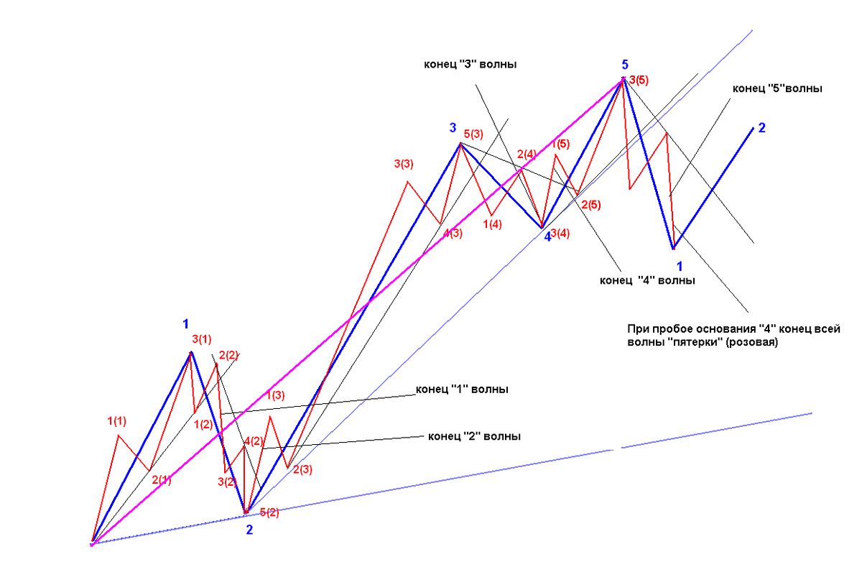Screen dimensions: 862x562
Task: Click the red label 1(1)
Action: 116,421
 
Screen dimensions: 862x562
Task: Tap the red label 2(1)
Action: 161,480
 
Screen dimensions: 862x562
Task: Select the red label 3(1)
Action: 202,339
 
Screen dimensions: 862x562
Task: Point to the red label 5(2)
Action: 269,512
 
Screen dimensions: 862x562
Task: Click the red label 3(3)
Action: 404,164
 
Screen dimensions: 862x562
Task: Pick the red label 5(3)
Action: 473,134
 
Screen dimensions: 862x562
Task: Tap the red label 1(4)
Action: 493,224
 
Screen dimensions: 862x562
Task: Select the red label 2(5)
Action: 591,205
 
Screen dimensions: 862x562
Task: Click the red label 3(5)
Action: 639,80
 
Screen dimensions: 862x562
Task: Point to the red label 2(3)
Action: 303,469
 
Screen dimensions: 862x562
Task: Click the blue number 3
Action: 453,127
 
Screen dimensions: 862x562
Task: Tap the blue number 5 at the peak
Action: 625,65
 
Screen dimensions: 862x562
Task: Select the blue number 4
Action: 547,237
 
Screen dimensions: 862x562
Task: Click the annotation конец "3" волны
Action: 471,64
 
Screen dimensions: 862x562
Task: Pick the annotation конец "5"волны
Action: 777,88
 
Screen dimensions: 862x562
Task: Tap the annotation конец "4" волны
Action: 647,280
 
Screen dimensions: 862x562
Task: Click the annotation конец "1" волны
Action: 462,390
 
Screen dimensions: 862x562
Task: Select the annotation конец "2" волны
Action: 475,436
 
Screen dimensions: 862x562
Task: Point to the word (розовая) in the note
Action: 751,342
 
